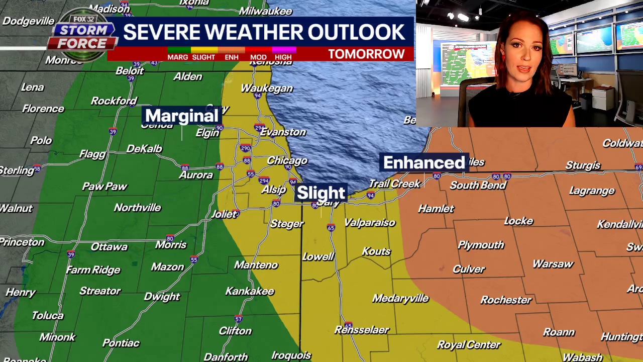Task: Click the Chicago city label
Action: coord(287,161)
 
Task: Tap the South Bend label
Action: coord(478,185)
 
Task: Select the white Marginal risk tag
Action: coord(181,116)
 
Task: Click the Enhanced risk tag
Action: coord(424,163)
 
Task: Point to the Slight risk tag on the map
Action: coord(321,193)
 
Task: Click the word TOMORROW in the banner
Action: coord(366,54)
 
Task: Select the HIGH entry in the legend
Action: coord(283,57)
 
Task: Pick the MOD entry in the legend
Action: coord(258,57)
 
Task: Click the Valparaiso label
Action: coord(370,223)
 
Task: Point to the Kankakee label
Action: coord(250,291)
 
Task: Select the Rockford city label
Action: coord(114,101)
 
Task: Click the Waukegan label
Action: coord(266,88)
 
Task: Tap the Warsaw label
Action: coord(553,264)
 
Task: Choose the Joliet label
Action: coord(224,214)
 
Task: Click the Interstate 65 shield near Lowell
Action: coord(331,228)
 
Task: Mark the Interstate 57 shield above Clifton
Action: coord(238,319)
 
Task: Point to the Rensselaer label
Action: coord(362,330)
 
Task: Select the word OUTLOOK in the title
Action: coord(356,32)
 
